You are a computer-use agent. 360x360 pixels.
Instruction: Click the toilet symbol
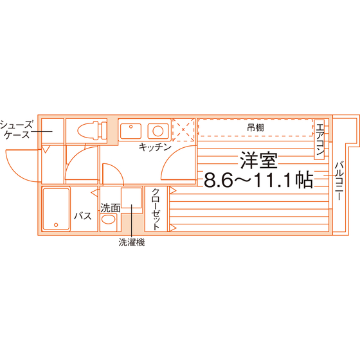tap(93, 131)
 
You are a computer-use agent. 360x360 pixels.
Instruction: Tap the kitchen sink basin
tap(130, 131)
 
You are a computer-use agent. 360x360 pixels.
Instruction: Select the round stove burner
tap(158, 131)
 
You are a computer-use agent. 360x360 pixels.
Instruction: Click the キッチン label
tap(155, 147)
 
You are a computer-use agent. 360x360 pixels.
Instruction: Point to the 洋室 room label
tap(258, 160)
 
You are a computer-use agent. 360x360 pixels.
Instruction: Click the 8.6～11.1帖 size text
tap(258, 180)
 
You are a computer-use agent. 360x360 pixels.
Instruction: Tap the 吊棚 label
tap(255, 128)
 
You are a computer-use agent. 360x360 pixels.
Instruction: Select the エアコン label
tap(319, 139)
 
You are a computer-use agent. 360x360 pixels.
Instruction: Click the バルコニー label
tap(339, 181)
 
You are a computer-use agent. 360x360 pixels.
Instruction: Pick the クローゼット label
tap(156, 209)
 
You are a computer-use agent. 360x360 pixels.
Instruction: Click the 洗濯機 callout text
tap(132, 242)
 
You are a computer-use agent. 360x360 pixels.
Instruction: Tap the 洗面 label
tap(111, 208)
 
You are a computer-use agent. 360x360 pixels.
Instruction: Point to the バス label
tap(83, 216)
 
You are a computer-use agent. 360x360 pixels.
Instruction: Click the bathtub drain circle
tap(56, 225)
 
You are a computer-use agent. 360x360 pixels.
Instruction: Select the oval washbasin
tap(108, 219)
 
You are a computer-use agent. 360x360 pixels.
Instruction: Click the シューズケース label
tap(16, 130)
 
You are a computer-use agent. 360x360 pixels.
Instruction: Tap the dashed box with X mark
tap(183, 130)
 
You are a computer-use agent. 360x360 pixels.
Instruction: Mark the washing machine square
tap(131, 198)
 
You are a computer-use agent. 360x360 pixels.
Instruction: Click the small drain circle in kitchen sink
tap(130, 127)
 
